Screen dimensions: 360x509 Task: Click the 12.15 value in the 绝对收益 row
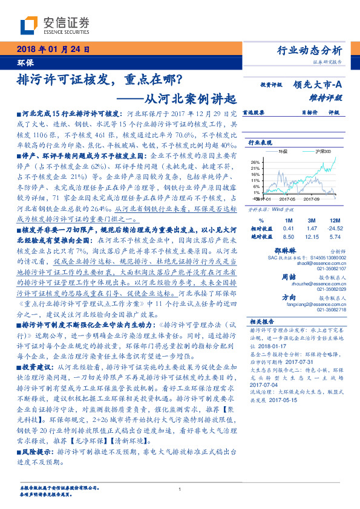pos(312,238)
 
